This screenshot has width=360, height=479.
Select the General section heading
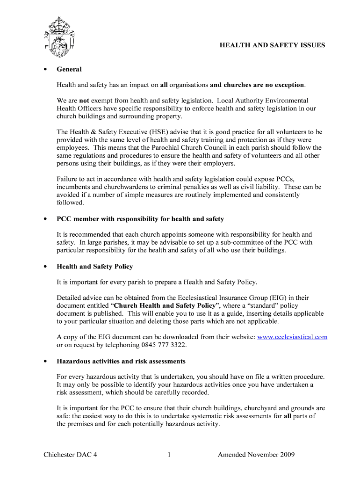[x=69, y=69]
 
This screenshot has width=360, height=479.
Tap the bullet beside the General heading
[x=45, y=70]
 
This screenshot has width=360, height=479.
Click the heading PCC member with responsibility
[x=140, y=219]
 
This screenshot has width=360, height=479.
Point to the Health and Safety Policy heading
[x=95, y=267]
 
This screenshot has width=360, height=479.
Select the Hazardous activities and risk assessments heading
[x=121, y=361]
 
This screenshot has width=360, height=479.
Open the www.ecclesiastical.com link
[x=292, y=337]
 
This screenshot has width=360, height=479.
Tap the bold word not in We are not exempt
[x=84, y=101]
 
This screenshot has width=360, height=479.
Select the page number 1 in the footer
[x=168, y=455]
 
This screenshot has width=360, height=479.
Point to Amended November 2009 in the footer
[x=256, y=455]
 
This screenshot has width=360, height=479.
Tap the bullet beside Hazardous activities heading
[x=45, y=362]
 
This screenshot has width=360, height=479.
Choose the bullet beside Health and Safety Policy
[x=45, y=267]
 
